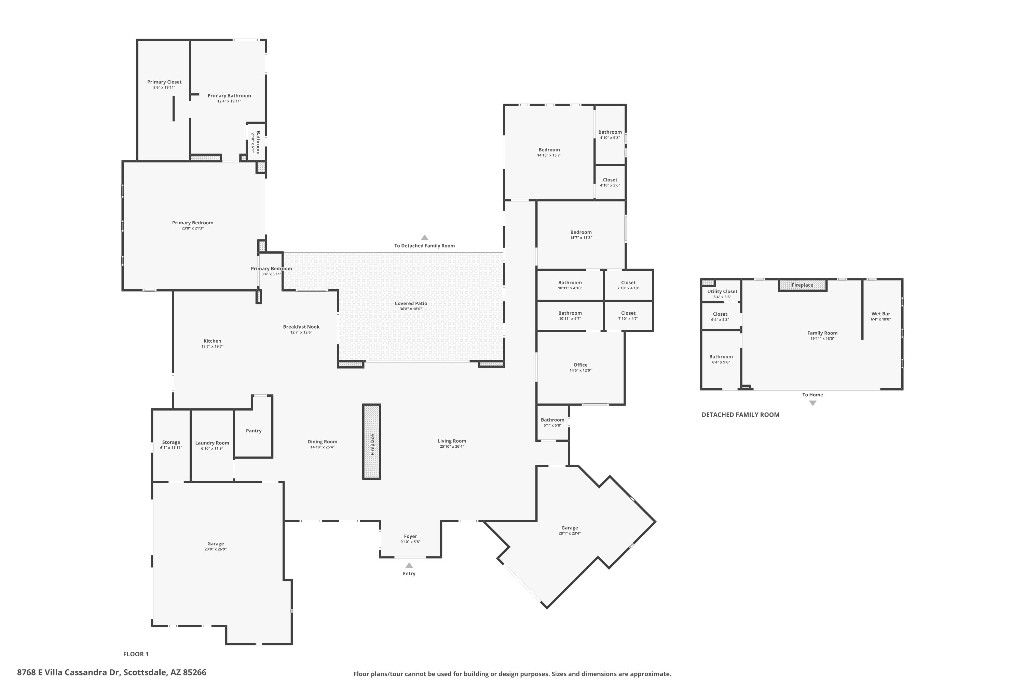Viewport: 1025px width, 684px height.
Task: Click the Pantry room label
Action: pos(254,431)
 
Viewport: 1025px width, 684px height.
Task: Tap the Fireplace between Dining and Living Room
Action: pos(372,442)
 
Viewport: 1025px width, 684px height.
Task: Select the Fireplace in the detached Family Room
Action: pos(802,285)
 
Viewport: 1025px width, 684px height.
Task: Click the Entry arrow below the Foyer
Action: pos(409,565)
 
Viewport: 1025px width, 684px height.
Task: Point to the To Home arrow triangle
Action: pos(812,403)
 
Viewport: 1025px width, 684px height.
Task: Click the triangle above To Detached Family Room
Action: pos(424,238)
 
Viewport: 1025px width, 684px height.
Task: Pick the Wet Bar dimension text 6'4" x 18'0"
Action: pos(880,319)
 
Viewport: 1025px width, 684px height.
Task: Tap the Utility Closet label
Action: pos(722,291)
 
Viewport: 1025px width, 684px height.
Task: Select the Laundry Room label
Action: pos(212,443)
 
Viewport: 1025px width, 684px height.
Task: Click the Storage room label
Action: pos(171,442)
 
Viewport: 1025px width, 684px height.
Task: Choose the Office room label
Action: pos(580,365)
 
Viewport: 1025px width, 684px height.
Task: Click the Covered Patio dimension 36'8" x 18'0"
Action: pos(411,309)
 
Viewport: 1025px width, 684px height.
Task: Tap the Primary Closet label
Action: pos(164,82)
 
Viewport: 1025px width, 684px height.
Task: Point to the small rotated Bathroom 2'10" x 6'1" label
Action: pos(256,142)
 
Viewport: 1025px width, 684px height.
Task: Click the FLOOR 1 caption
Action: pos(136,654)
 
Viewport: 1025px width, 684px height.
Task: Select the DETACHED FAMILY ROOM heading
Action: pos(740,415)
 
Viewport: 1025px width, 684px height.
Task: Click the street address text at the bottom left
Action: pos(112,672)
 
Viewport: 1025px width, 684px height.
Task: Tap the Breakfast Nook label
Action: pos(301,327)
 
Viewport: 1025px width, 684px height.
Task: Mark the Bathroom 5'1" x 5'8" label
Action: pos(552,420)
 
